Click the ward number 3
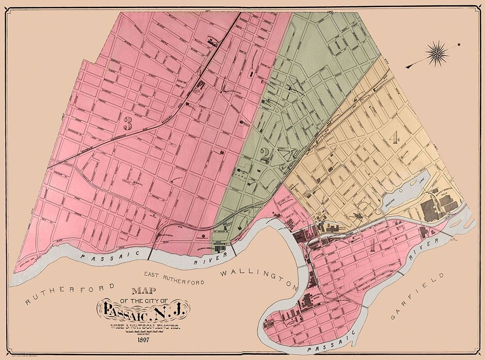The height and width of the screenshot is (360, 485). coord(128,124)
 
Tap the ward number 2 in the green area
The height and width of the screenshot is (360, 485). coord(265,155)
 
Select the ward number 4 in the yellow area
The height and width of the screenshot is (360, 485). coord(394,138)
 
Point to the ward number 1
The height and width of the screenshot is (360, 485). coord(372,244)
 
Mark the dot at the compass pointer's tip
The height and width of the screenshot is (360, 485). coord(458,45)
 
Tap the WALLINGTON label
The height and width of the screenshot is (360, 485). coord(256,277)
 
